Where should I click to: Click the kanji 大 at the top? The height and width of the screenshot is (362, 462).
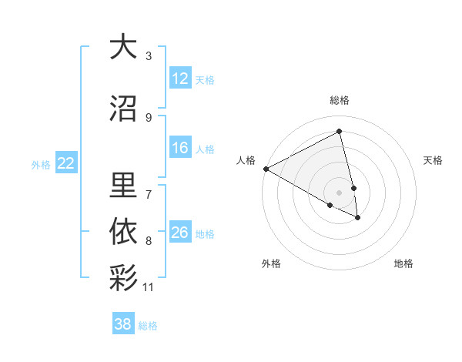coord(123,47)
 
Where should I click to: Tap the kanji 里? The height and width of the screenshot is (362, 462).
coord(123,184)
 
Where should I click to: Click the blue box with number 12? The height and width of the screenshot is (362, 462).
coord(180,79)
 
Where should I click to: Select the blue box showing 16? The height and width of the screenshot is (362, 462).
coord(180,149)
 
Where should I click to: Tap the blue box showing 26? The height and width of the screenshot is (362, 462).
coord(180,233)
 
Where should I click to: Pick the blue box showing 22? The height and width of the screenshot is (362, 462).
coord(66,163)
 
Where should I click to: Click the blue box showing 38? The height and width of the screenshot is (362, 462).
coord(123,325)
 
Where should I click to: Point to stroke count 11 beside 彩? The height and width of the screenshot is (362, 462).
coord(149,288)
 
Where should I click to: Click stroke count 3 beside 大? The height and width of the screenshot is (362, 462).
coord(149,56)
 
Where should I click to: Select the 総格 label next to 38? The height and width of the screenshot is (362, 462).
coord(148,326)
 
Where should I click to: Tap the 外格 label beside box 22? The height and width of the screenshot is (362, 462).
coord(41,164)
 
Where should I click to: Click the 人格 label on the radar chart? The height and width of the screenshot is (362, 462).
coord(246,160)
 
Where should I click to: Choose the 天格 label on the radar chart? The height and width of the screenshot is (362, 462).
coord(433,160)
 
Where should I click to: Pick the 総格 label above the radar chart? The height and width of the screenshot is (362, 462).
coord(340,100)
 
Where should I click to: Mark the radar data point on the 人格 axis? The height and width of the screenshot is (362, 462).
coord(266,169)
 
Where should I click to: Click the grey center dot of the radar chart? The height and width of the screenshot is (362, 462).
coord(340,192)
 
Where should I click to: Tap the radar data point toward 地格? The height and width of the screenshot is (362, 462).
coord(358,218)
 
